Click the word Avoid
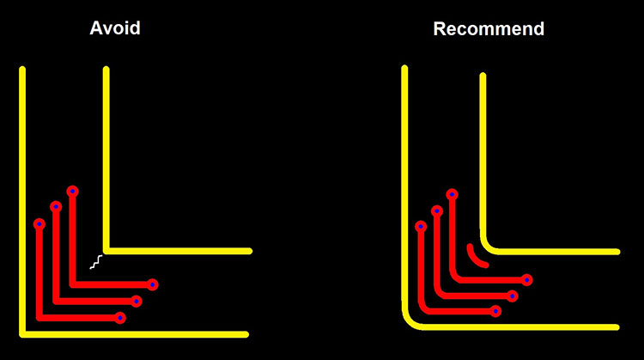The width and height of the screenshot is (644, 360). pyautogui.click(x=114, y=28)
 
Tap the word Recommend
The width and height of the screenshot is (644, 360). pyautogui.click(x=488, y=29)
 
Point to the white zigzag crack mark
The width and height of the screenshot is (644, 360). pyautogui.click(x=98, y=262)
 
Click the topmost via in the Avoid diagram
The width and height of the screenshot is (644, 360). pyautogui.click(x=73, y=191)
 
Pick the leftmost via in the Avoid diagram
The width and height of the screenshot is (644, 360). pyautogui.click(x=39, y=224)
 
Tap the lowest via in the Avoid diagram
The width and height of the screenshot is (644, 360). pyautogui.click(x=120, y=318)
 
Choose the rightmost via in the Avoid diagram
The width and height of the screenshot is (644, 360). pyautogui.click(x=152, y=284)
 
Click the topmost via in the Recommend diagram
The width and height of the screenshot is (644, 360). pyautogui.click(x=453, y=194)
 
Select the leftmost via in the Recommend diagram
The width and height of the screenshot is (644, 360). pyautogui.click(x=421, y=227)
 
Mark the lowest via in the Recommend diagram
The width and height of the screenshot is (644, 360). pyautogui.click(x=495, y=311)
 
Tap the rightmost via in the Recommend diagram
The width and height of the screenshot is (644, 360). pyautogui.click(x=526, y=279)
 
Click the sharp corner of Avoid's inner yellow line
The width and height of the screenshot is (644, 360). pyautogui.click(x=106, y=251)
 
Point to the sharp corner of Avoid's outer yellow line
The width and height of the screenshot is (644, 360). pyautogui.click(x=22, y=333)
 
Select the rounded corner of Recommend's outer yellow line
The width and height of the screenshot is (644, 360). pyautogui.click(x=410, y=320)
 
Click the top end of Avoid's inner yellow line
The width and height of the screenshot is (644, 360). pyautogui.click(x=106, y=70)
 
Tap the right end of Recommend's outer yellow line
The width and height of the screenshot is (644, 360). pyautogui.click(x=616, y=327)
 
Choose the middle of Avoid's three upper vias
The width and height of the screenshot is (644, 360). pyautogui.click(x=56, y=207)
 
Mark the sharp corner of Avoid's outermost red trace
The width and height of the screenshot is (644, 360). pyautogui.click(x=39, y=318)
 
